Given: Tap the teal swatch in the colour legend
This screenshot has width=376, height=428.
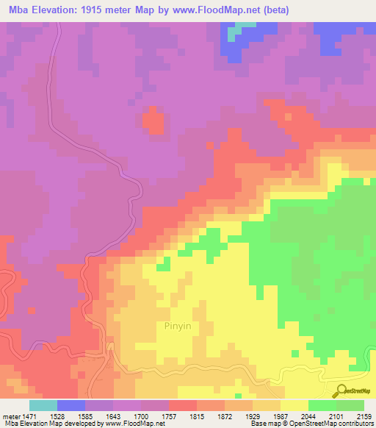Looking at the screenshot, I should tap(43, 405).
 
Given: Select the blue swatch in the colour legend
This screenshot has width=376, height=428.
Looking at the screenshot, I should tap(71, 405).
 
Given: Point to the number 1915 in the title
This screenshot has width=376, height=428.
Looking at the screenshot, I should tap(101, 10).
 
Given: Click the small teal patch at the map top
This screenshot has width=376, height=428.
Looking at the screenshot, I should tap(235, 33).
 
